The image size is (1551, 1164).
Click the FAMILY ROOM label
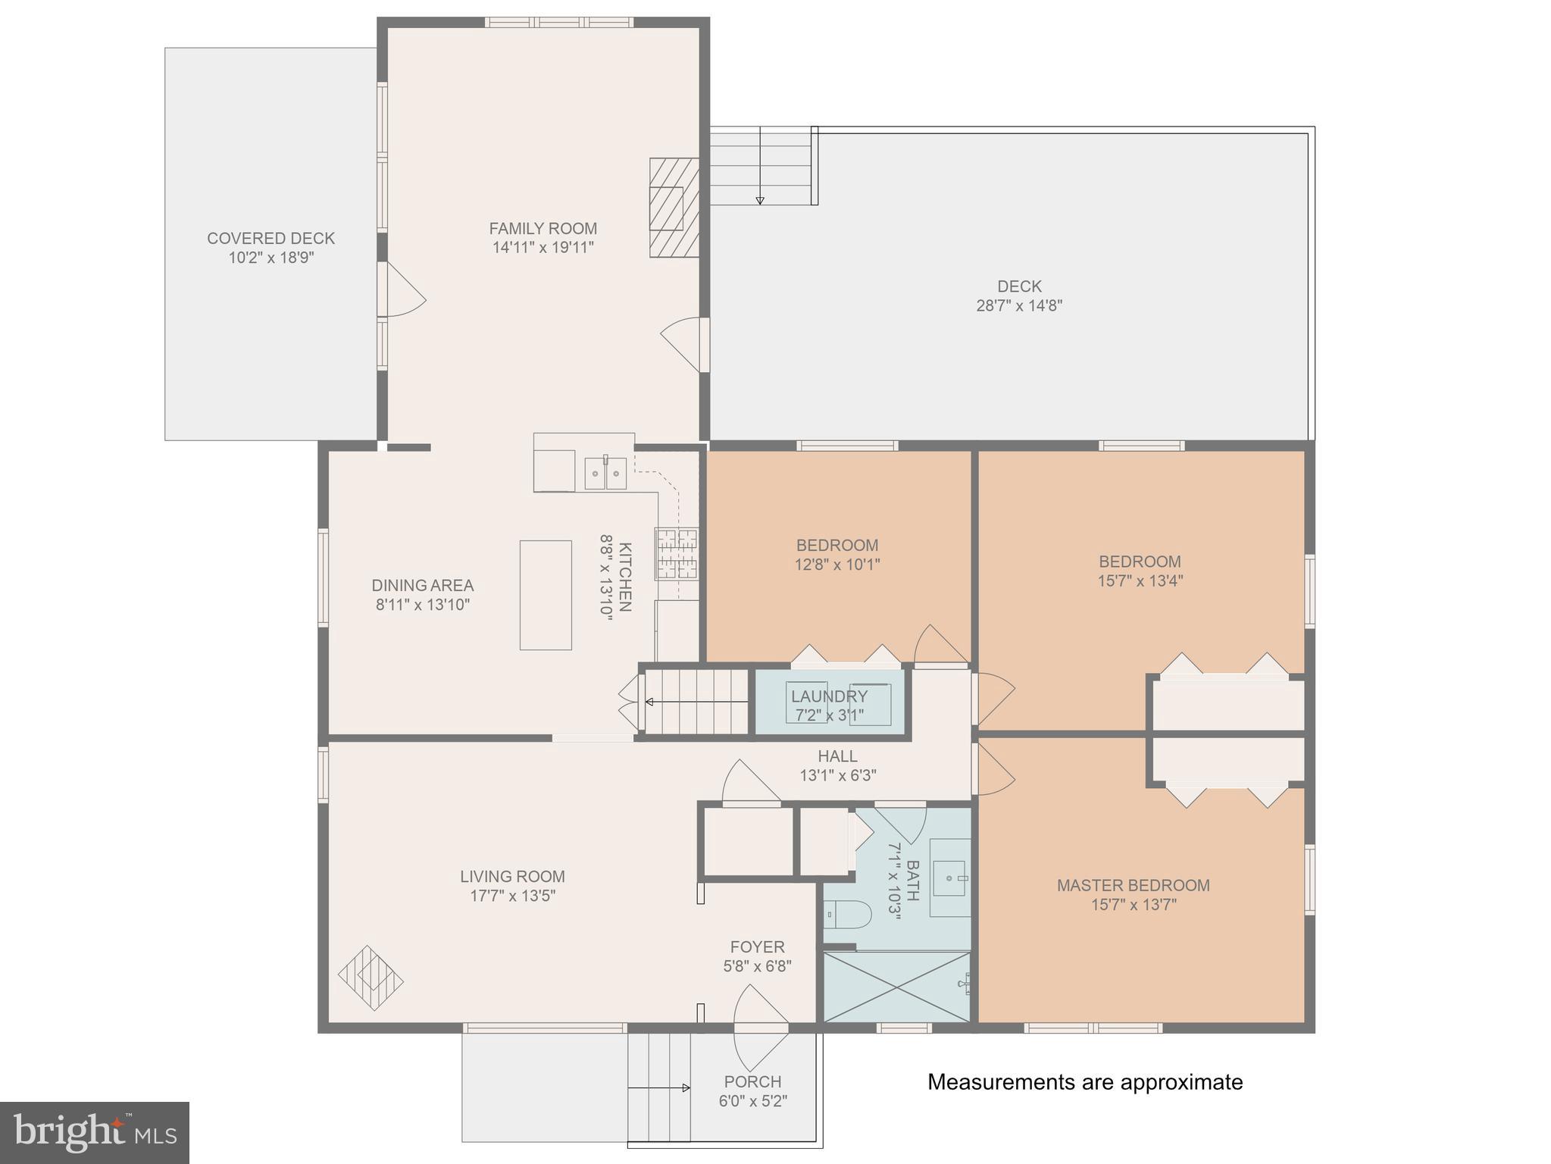[543, 228]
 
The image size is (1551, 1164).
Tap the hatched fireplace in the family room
[674, 208]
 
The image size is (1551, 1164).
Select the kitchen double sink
[605, 474]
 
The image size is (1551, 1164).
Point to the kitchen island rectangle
[546, 595]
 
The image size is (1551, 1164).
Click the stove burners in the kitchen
[677, 553]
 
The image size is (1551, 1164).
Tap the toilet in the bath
[847, 914]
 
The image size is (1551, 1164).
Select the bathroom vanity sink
[950, 878]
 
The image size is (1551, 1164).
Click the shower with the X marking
[896, 987]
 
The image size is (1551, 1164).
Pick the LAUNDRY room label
[829, 696]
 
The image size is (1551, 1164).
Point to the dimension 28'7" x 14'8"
[1019, 305]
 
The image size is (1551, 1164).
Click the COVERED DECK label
[270, 238]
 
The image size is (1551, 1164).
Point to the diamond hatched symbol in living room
[371, 978]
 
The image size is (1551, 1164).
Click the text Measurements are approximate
[1084, 1081]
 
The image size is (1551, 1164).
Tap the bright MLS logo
[94, 1133]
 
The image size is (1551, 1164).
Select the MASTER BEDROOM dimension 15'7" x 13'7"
[1134, 904]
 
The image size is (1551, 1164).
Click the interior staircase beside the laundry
[696, 702]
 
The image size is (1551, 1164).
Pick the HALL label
[837, 756]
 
